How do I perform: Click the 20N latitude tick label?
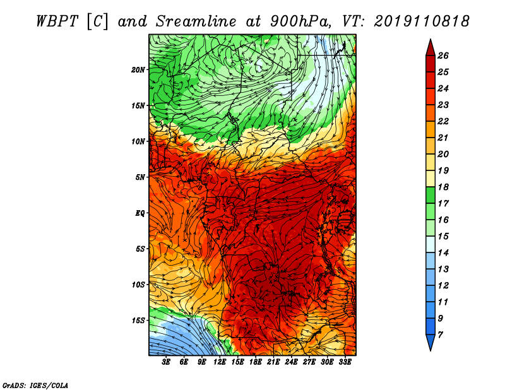(138, 69)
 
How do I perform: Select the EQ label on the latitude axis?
(140, 213)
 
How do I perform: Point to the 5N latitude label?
(140, 177)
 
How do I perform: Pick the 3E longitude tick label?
(166, 362)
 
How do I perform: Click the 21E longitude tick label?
(273, 362)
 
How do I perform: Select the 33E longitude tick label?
(345, 362)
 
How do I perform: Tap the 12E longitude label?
(219, 362)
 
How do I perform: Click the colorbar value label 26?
(443, 56)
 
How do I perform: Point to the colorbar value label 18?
(443, 187)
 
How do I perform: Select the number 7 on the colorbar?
(440, 335)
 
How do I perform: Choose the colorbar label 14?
(443, 253)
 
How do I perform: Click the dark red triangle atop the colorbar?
(431, 48)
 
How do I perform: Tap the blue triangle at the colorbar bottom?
(431, 343)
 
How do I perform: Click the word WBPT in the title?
(57, 21)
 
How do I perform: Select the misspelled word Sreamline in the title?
(196, 21)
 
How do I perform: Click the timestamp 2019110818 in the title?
(421, 21)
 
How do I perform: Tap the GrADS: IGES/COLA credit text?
(35, 385)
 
